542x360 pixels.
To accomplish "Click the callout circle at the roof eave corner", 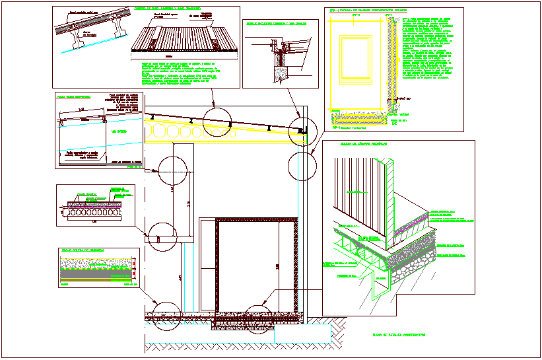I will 303,131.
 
